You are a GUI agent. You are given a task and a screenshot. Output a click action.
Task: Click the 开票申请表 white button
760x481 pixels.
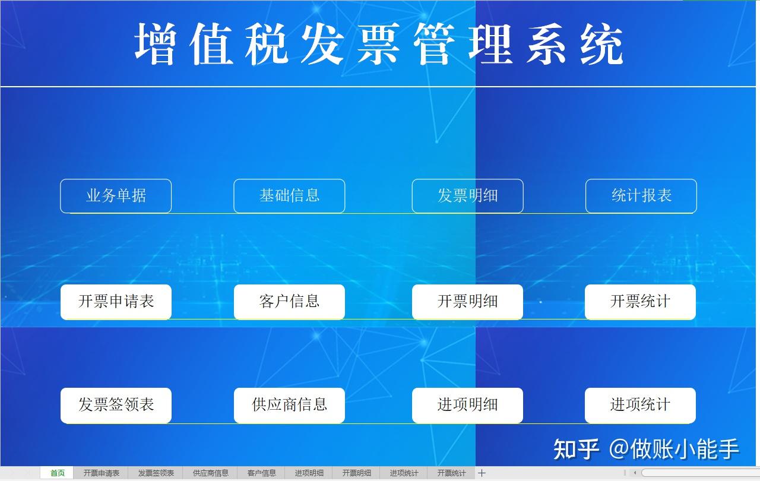(116, 302)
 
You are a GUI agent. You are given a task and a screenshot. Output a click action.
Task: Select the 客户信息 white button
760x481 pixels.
(289, 302)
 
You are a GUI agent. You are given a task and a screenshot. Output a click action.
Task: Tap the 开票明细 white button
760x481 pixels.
(467, 302)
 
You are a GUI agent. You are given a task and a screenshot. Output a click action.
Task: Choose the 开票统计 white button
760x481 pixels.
(640, 302)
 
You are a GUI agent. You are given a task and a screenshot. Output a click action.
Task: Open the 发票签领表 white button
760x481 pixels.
(116, 406)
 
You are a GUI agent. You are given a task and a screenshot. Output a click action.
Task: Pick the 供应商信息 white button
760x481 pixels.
(289, 406)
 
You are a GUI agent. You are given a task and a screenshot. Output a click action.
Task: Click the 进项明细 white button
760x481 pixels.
(467, 406)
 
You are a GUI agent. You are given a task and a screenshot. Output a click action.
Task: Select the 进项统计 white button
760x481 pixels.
(640, 406)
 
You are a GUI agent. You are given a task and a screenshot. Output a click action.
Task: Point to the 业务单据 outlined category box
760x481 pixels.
(116, 196)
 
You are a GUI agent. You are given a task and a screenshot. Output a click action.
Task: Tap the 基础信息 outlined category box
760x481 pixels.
(289, 196)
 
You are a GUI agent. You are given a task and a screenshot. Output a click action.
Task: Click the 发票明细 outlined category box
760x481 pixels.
(467, 196)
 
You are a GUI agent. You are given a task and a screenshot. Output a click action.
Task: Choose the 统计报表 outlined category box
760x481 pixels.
(641, 196)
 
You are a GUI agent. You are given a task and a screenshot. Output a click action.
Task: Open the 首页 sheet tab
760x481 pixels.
(57, 473)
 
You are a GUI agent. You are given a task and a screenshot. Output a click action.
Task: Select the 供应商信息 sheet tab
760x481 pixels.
(210, 473)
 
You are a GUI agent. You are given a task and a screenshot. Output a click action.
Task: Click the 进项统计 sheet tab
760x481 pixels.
(404, 473)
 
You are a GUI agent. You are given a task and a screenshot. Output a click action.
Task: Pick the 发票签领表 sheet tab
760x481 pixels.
(156, 473)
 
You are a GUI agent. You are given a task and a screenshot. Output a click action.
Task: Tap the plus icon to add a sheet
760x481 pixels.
(482, 473)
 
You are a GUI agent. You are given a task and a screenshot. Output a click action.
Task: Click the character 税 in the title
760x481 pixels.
(267, 44)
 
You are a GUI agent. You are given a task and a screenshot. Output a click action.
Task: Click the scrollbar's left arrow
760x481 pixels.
(635, 473)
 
